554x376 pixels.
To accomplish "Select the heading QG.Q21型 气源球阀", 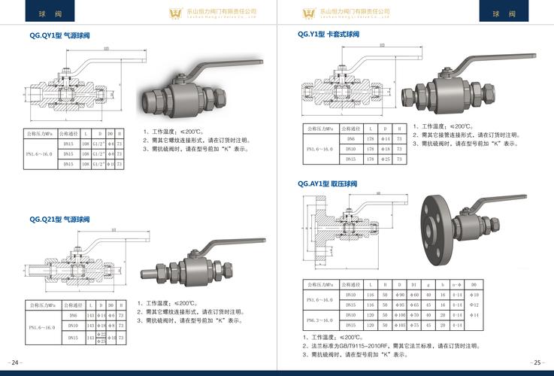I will click(59, 219).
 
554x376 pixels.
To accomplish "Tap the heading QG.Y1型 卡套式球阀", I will click(328, 35).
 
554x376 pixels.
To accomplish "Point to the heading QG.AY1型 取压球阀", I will click(327, 183).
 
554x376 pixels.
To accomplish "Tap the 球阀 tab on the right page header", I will click(503, 14).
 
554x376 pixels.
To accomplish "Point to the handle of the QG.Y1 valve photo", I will click(466, 63).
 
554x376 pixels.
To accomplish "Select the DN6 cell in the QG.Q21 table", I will click(73, 316).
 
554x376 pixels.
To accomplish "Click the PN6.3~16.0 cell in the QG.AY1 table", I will click(322, 320).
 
